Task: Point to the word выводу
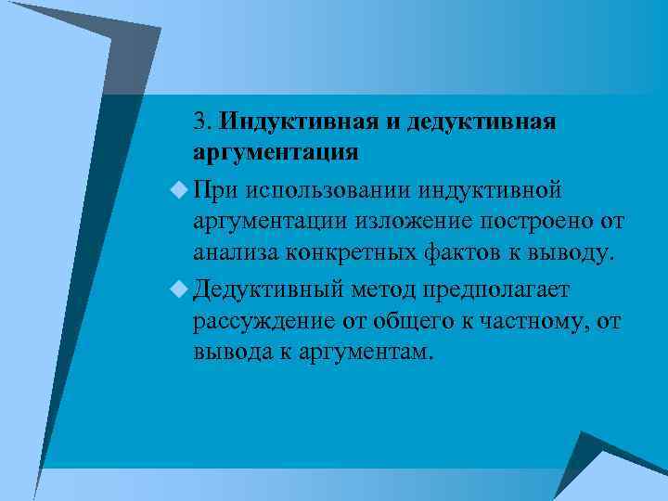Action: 574,250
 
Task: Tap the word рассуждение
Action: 261,322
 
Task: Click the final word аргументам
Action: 364,352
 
